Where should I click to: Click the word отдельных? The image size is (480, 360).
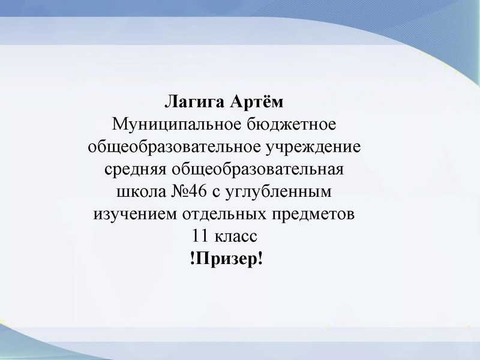point(222,214)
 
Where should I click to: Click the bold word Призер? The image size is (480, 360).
point(226,259)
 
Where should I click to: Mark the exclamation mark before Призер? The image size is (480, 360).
point(191,259)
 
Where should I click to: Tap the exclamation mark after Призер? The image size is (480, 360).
point(260,259)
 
